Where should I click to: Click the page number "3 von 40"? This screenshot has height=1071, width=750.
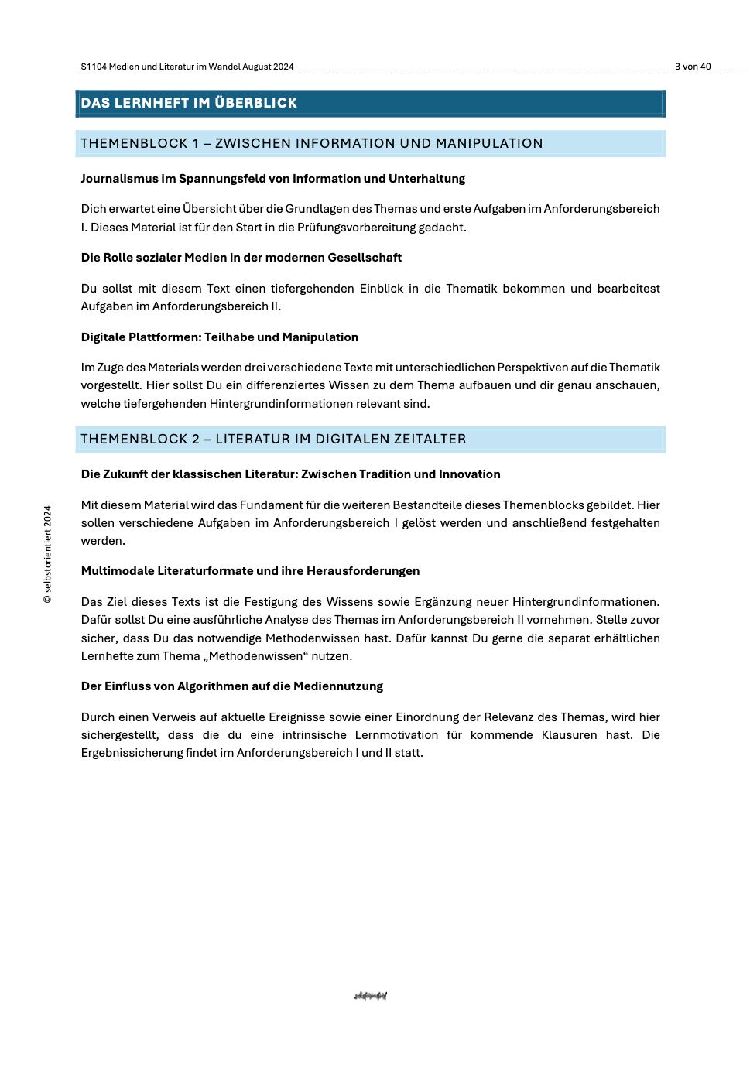[693, 67]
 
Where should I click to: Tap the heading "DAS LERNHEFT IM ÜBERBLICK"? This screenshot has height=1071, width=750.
[189, 103]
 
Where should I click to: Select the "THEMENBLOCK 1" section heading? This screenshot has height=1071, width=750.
[311, 143]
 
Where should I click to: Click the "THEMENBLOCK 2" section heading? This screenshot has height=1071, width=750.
[273, 439]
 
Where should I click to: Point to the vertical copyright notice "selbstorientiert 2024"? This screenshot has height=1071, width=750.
[48, 554]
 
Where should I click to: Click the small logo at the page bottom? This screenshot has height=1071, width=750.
[371, 996]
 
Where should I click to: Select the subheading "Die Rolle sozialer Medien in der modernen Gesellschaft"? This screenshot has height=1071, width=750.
[241, 258]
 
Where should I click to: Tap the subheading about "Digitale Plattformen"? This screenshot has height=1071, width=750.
[220, 337]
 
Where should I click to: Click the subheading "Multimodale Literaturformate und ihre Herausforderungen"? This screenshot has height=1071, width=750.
[250, 571]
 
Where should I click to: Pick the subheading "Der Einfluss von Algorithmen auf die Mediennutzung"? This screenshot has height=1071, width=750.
[232, 686]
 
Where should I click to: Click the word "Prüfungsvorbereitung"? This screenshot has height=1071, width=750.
[359, 228]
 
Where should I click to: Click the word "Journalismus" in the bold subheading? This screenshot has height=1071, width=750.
[119, 179]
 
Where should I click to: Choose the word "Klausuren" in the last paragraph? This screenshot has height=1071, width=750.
[569, 735]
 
